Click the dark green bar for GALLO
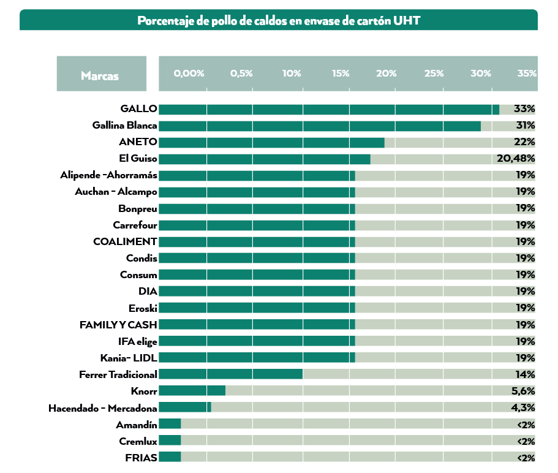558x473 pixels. pos(329,109)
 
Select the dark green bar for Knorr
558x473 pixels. pos(192,390)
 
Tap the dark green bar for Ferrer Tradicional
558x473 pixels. pos(231,374)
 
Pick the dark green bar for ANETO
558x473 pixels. pos(272,142)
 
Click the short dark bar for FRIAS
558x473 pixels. pos(170,456)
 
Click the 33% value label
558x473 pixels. pos(525,109)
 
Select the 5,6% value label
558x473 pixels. pos(524,390)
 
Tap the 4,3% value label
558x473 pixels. pos(524,407)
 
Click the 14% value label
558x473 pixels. pos(526,374)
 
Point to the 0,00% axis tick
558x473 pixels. pos(189,74)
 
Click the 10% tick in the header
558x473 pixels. pos(292,74)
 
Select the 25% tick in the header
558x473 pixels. pos(434,74)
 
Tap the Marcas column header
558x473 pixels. pos(100,76)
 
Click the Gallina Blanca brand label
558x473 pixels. pos(125,126)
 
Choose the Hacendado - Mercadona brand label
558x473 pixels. pos(103,407)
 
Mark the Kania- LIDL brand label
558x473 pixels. pos(129,358)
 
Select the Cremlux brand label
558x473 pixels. pos(138,441)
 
